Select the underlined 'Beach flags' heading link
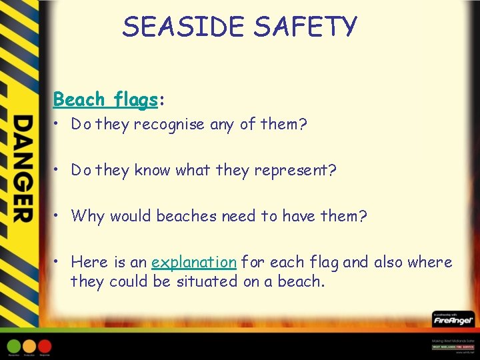tap(105, 99)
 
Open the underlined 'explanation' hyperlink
tap(193, 262)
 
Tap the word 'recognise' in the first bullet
tap(169, 125)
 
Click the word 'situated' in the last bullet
tap(207, 281)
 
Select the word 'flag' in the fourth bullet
tap(323, 262)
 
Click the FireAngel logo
tap(453, 320)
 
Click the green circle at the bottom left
tap(14, 346)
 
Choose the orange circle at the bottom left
tap(29, 346)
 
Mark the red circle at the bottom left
tap(45, 346)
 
